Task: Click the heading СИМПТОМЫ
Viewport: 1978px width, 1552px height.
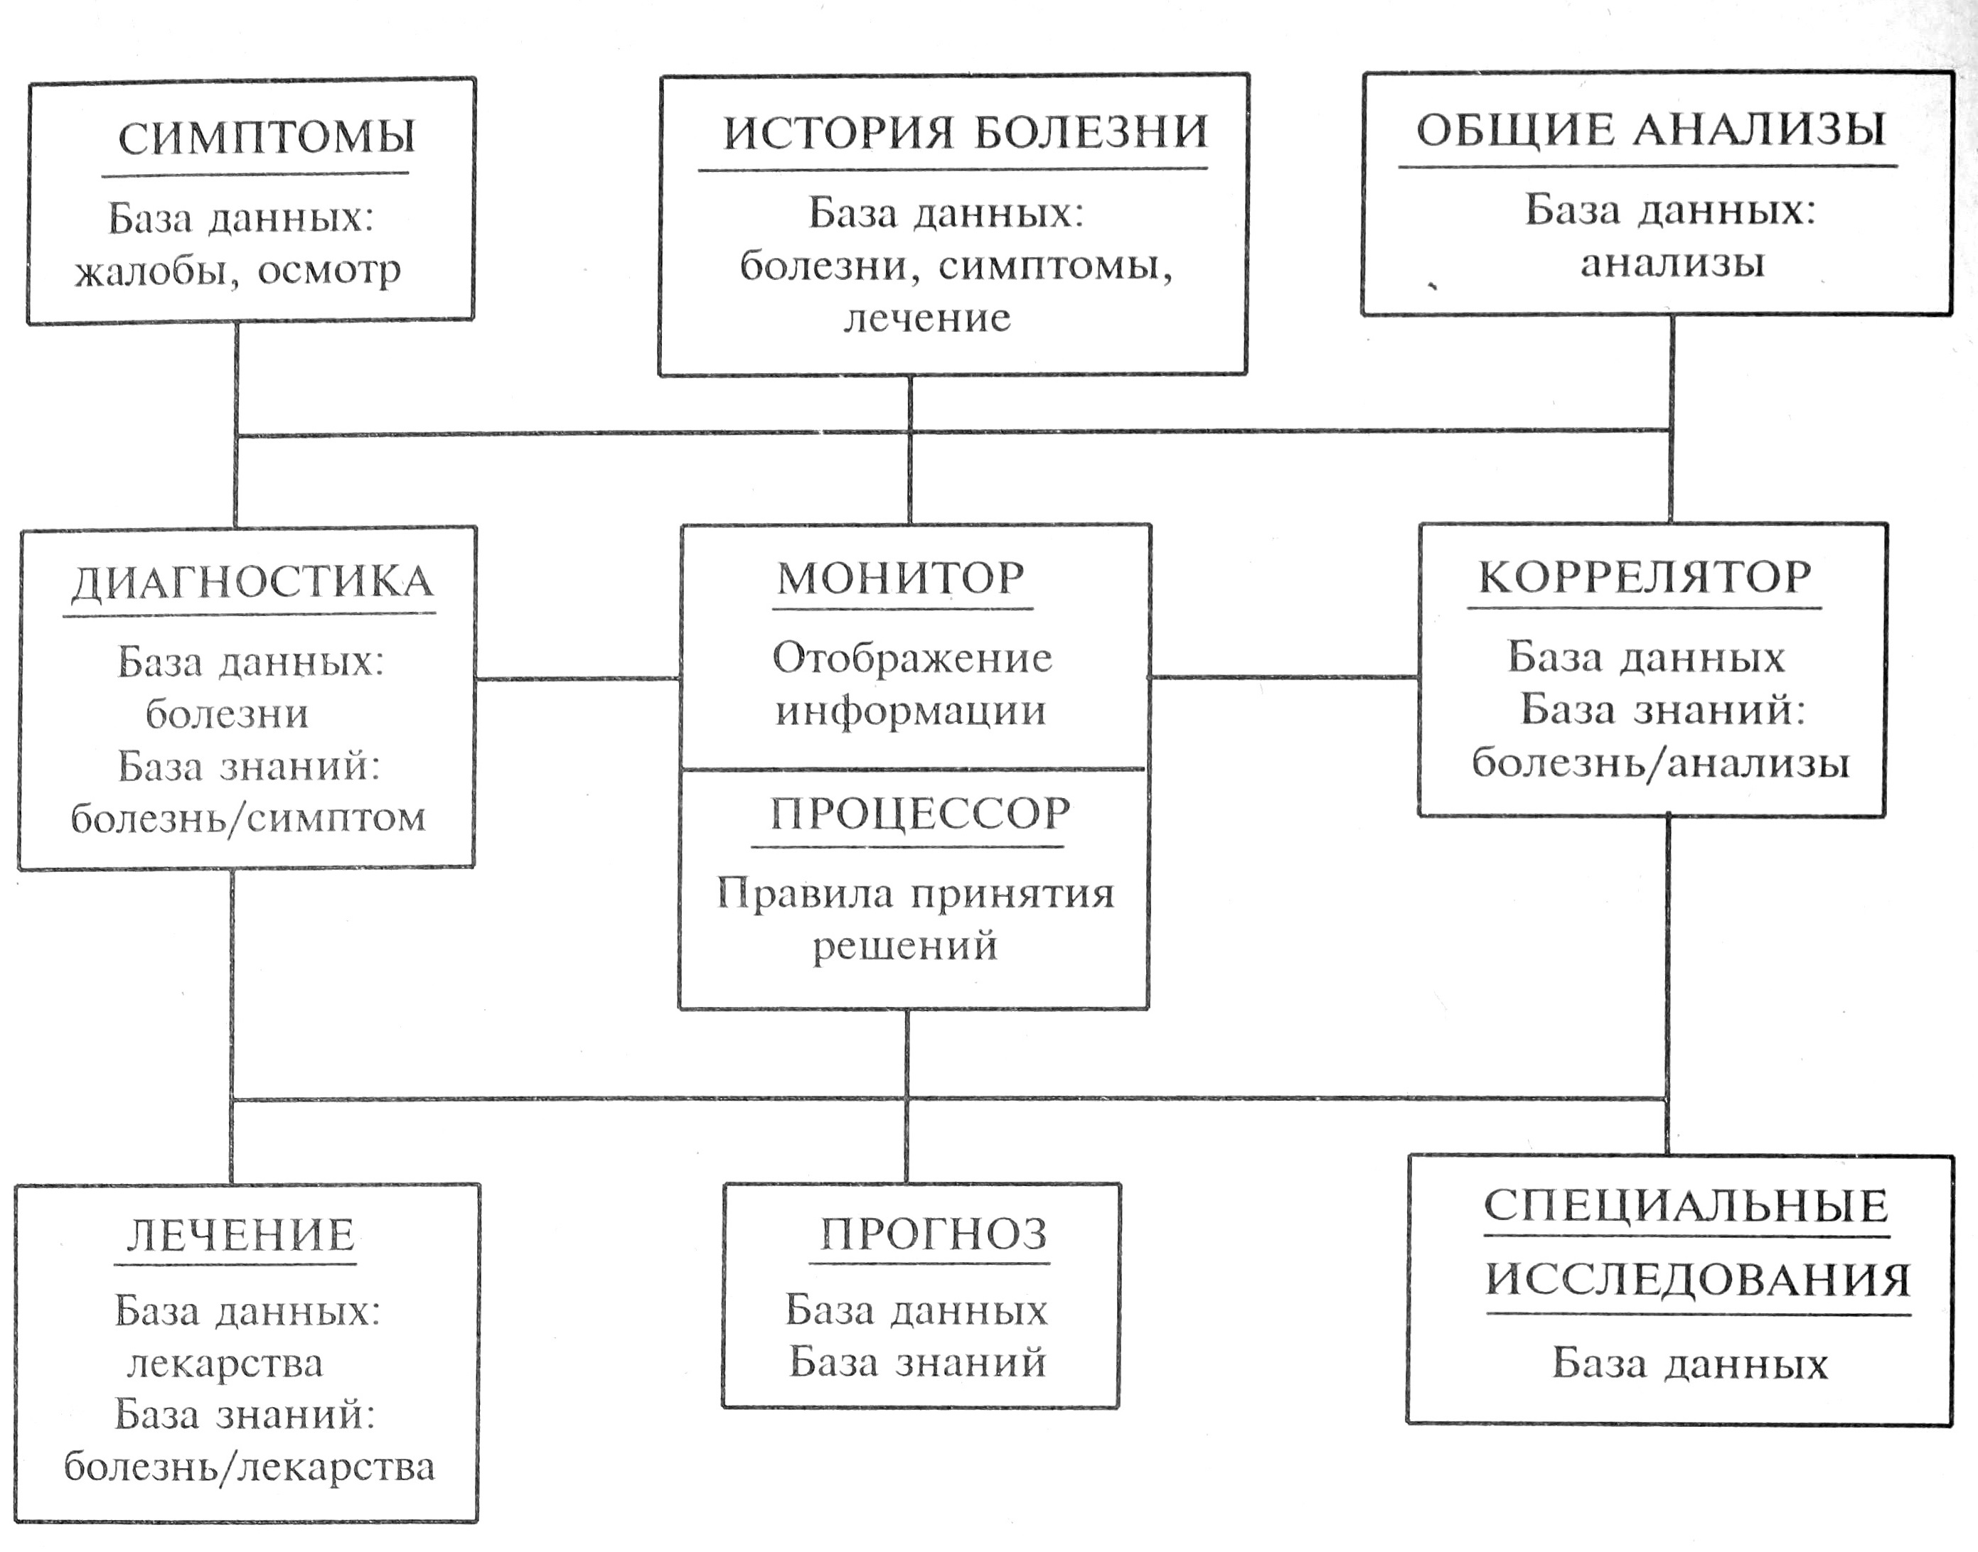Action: [267, 137]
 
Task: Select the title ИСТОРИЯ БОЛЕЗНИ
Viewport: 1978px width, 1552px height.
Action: [966, 133]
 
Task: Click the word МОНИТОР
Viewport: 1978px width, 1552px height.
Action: [901, 578]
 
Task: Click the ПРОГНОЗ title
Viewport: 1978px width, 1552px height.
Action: [934, 1234]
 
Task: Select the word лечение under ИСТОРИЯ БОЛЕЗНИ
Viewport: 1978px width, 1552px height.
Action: [927, 318]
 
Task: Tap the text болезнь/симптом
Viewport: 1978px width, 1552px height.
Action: [248, 819]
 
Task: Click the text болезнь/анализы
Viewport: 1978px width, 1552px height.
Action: [1660, 762]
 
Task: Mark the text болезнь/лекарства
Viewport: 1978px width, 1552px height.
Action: [249, 1467]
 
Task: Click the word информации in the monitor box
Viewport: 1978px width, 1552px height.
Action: [910, 711]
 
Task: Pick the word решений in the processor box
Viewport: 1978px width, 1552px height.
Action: [904, 946]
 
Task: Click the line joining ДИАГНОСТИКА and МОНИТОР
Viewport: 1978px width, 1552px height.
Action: [577, 679]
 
